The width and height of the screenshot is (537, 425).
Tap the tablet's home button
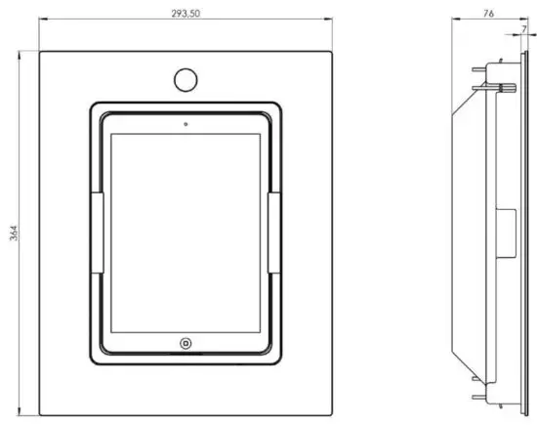(x=185, y=343)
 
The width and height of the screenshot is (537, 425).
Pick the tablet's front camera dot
(x=185, y=124)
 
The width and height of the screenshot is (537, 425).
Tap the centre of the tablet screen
(x=185, y=234)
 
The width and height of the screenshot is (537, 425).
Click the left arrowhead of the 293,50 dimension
(x=41, y=26)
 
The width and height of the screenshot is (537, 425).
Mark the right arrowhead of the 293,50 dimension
(x=328, y=26)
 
